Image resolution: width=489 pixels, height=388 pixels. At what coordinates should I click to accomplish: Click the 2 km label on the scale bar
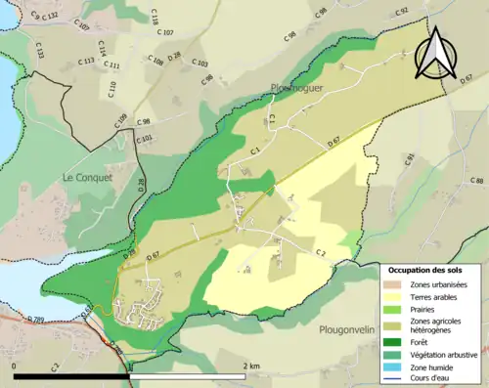tap(251, 366)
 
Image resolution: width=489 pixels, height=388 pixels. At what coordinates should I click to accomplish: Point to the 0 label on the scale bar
tap(16, 366)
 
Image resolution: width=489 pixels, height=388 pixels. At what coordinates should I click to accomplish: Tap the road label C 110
tap(111, 89)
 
